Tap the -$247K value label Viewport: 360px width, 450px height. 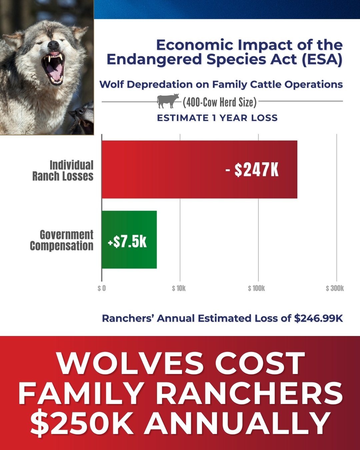(252, 170)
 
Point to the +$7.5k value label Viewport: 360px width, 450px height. (127, 241)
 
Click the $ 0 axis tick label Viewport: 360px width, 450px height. (102, 288)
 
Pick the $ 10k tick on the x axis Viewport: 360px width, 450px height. (179, 288)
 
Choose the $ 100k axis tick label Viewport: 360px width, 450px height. (256, 288)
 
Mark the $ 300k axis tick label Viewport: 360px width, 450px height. (335, 288)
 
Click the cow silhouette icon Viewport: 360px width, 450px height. (168, 101)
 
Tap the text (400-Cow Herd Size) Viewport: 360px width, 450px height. (220, 102)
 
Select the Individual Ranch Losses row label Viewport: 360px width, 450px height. (63, 170)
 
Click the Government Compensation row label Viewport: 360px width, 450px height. (62, 240)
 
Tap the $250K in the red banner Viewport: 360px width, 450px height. (82, 423)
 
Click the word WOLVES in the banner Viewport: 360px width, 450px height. (130, 363)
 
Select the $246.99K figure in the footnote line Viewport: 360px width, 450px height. (318, 318)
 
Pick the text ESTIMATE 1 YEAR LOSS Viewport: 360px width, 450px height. (217, 118)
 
